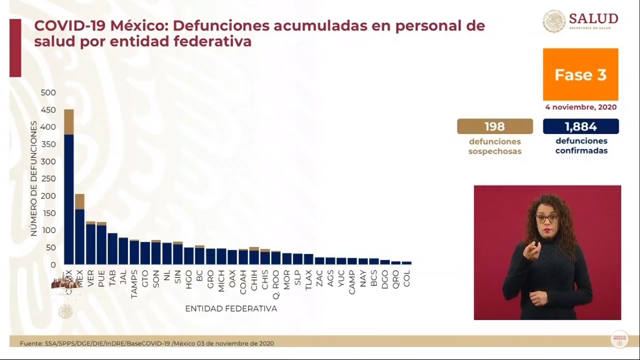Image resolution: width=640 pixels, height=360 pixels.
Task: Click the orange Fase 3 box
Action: point(580,75)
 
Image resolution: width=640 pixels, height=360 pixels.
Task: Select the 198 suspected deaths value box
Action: point(495,127)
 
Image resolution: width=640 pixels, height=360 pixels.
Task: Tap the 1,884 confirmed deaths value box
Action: point(581,127)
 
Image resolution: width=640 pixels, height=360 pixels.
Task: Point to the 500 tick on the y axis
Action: point(48,93)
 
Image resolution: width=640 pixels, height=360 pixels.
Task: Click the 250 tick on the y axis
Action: point(48,179)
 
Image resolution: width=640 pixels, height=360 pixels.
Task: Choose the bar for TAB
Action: point(112,248)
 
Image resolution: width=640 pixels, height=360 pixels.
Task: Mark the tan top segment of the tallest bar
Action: point(69,122)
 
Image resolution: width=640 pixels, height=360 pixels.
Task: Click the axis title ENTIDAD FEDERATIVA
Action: point(231,309)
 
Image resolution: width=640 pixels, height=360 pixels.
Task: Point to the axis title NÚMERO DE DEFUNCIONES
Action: point(34,179)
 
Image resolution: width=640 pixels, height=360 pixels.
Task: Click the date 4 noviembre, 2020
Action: point(580,107)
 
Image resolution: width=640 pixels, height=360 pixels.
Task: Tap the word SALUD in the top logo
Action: point(593,18)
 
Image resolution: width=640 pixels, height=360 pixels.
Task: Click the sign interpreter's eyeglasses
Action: point(547,218)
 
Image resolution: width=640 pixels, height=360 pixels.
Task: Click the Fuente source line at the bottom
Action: point(147,343)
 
